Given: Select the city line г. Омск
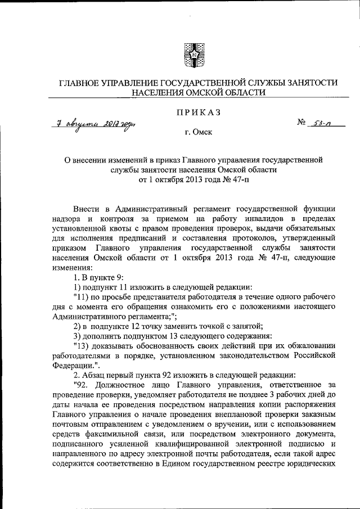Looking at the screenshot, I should point(192,134).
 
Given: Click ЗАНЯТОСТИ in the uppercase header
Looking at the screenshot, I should point(308,83).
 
